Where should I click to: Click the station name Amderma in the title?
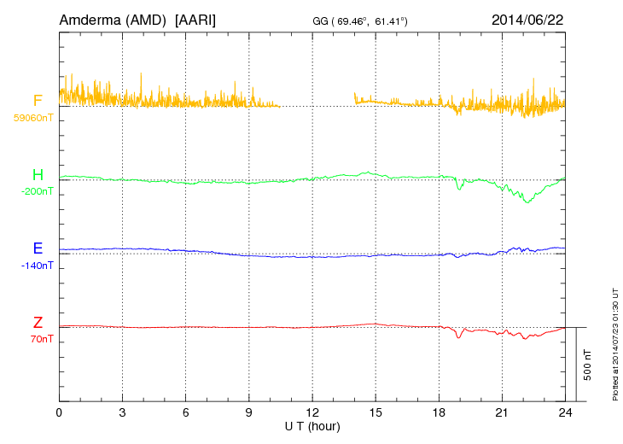click(x=90, y=19)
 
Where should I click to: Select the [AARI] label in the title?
click(x=195, y=19)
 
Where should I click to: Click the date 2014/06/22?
click(x=527, y=19)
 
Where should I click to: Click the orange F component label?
click(x=38, y=101)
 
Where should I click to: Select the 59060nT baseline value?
click(x=32, y=118)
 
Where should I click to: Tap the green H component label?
click(x=38, y=175)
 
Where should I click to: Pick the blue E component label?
click(x=38, y=248)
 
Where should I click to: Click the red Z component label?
click(x=38, y=323)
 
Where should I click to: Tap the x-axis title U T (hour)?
click(x=312, y=425)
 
